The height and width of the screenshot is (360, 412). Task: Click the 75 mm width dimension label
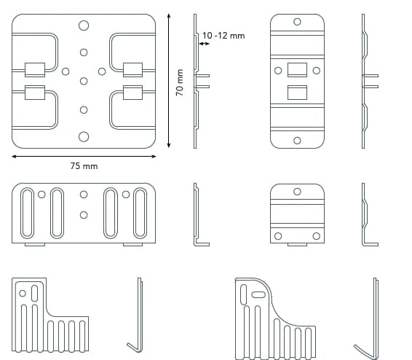click(84, 166)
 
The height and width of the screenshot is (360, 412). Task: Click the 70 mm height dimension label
click(180, 82)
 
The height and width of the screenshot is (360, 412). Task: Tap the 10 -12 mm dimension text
click(223, 36)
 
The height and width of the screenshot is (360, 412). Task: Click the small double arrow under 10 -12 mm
click(204, 44)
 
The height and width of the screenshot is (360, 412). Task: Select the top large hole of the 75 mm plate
click(84, 26)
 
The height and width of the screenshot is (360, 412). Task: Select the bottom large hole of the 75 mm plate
click(84, 137)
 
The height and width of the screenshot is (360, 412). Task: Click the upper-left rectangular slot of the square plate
click(35, 70)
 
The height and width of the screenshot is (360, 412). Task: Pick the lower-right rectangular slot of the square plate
click(133, 93)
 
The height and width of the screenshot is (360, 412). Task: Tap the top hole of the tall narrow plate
click(297, 22)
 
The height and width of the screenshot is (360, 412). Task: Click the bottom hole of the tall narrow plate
click(297, 141)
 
